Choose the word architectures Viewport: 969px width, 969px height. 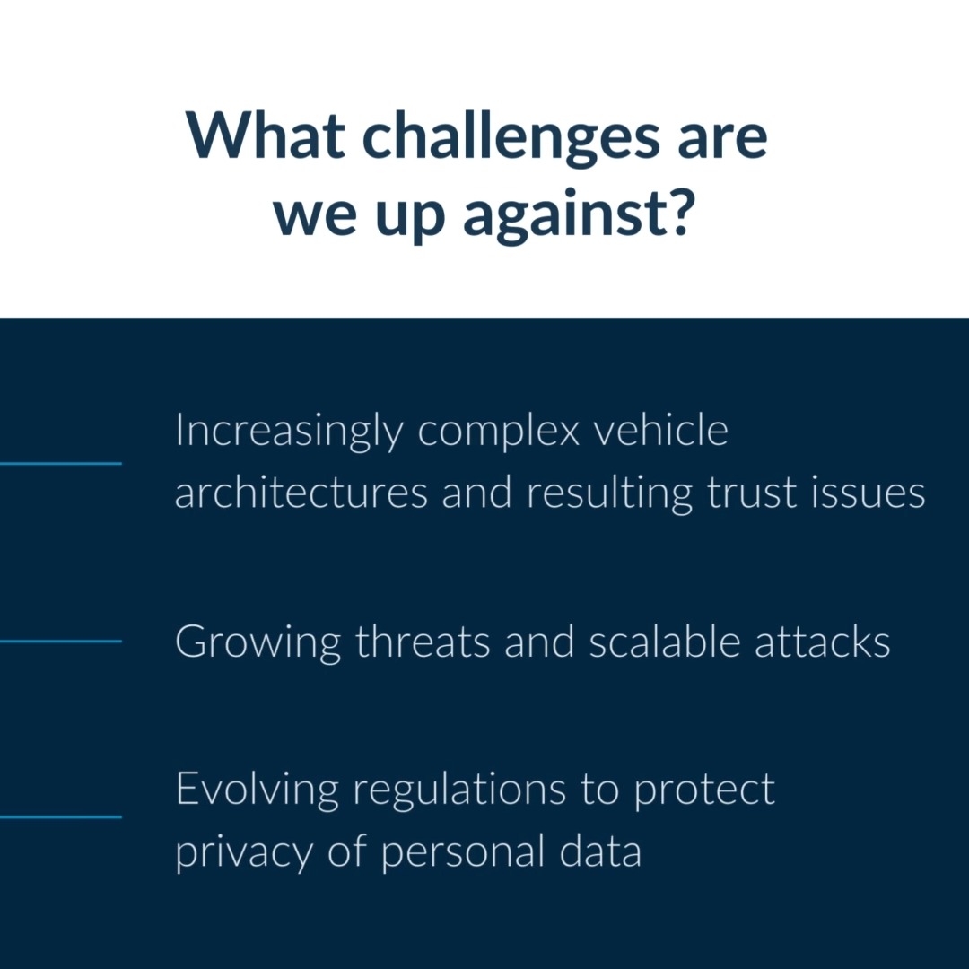[301, 493]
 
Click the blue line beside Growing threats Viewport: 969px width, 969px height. [60, 641]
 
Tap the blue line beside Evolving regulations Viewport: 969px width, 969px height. [60, 816]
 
